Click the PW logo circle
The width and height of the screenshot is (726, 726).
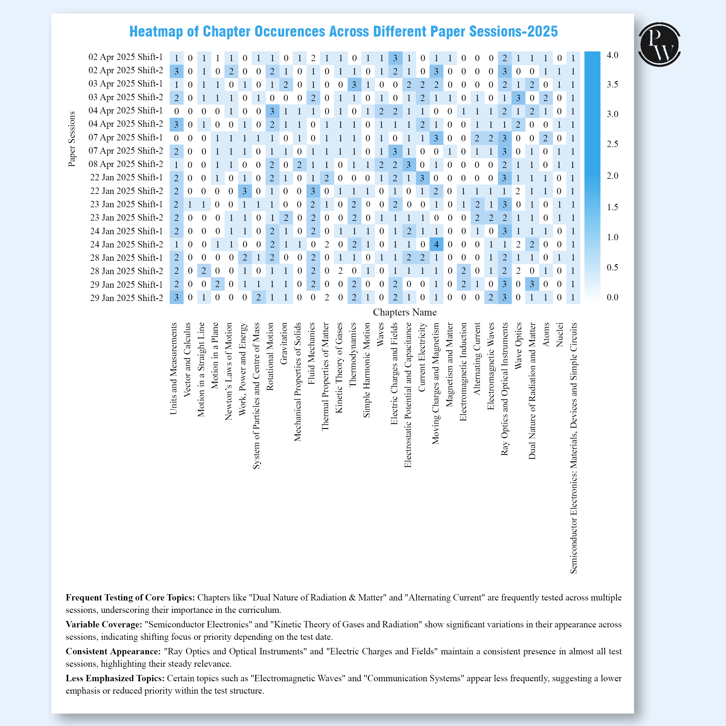pos(659,44)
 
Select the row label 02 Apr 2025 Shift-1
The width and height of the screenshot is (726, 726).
pos(126,57)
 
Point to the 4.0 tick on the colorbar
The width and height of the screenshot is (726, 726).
pos(612,55)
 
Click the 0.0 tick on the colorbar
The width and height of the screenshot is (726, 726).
pos(612,297)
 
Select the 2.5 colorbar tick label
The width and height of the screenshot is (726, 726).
pos(612,144)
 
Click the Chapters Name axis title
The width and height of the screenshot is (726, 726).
pos(404,312)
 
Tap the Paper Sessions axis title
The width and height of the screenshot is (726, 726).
pos(71,139)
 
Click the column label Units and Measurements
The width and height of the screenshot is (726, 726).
pos(173,368)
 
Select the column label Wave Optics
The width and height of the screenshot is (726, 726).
pos(518,346)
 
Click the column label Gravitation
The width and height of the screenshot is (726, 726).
pos(284,343)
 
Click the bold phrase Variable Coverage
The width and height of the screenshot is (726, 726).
pos(104,624)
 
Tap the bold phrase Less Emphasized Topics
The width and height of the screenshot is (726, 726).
pos(115,678)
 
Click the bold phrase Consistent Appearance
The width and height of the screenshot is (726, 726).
pos(113,651)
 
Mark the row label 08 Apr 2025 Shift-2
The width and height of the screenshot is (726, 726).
pos(126,164)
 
